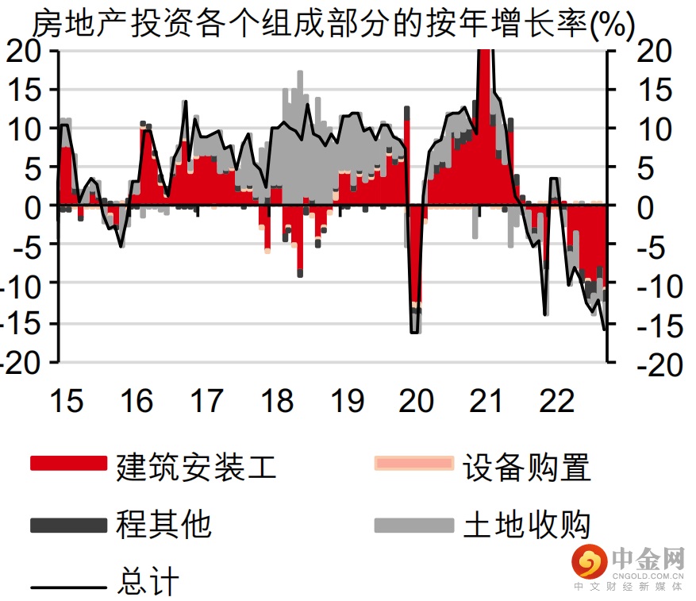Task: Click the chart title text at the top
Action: (333, 25)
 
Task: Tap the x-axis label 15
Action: (66, 401)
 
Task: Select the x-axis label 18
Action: (277, 401)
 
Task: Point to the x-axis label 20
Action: (417, 401)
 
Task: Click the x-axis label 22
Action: (556, 401)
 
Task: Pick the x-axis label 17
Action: (206, 401)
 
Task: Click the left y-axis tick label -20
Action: (24, 362)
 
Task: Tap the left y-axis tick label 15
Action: (30, 89)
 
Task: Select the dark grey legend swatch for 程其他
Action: (68, 525)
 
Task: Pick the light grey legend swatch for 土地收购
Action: (413, 525)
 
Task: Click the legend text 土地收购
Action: (527, 525)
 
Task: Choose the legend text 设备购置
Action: (527, 467)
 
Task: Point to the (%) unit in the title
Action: (612, 26)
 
